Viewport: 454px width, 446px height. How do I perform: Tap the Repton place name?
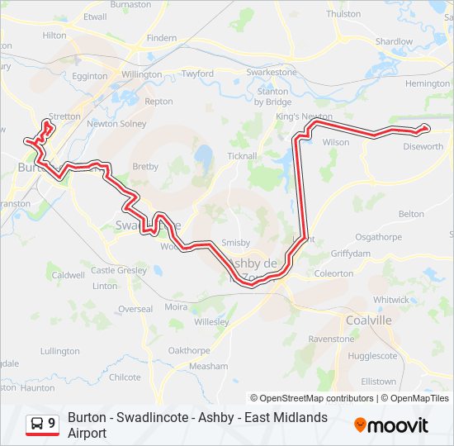click(158, 102)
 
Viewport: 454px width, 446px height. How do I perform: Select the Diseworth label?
click(423, 147)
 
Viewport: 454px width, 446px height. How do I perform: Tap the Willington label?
click(141, 74)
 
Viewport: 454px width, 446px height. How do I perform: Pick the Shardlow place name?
click(394, 41)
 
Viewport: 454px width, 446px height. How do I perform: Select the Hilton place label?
click(54, 36)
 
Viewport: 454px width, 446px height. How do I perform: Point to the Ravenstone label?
click(331, 339)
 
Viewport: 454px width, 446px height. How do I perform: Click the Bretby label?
click(145, 166)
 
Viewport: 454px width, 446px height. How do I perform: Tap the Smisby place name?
click(236, 243)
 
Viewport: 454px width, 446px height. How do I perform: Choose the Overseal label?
click(135, 309)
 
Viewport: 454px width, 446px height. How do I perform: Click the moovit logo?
click(391, 425)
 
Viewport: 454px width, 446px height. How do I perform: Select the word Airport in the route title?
click(87, 433)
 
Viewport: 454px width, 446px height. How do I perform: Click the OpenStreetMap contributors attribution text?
click(317, 398)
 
